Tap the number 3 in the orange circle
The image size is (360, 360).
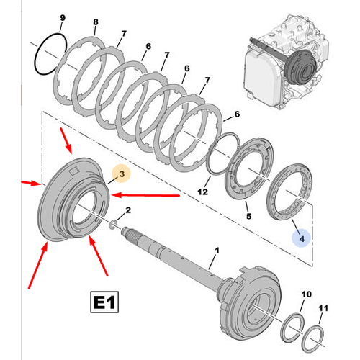[x=122, y=174]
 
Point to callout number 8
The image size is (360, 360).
[x=96, y=24]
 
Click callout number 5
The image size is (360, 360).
[x=248, y=215]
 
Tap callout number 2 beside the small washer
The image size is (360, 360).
[x=127, y=210]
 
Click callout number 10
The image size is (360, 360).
[x=306, y=294]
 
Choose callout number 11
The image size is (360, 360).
[x=323, y=307]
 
